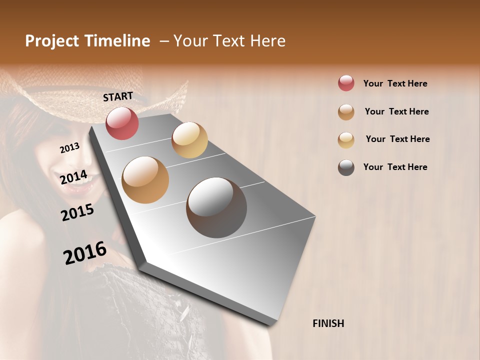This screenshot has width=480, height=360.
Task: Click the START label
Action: [x=118, y=96]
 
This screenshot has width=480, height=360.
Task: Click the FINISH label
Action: [x=328, y=323]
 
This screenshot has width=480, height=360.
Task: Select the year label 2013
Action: [x=69, y=148]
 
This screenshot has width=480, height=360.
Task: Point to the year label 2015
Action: [x=77, y=212]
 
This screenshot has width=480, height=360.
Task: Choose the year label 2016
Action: [x=85, y=253]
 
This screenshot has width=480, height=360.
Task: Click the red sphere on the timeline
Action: [x=122, y=123]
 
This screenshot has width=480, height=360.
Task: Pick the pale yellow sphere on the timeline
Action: [x=189, y=140]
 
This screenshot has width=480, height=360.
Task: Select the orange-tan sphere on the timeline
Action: [x=145, y=180]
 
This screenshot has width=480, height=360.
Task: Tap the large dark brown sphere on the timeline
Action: [x=216, y=207]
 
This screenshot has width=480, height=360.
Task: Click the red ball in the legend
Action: [x=346, y=83]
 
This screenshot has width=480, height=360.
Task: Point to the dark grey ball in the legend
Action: [x=346, y=167]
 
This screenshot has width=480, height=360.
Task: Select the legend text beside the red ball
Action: [x=395, y=83]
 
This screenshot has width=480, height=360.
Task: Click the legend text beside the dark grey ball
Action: [x=395, y=167]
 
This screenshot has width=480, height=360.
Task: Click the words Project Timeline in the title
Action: [x=87, y=41]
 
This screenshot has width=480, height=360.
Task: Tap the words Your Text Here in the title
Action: [x=229, y=41]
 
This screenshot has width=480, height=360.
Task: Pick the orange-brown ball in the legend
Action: [x=346, y=112]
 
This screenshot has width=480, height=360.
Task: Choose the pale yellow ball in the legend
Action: [x=346, y=139]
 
